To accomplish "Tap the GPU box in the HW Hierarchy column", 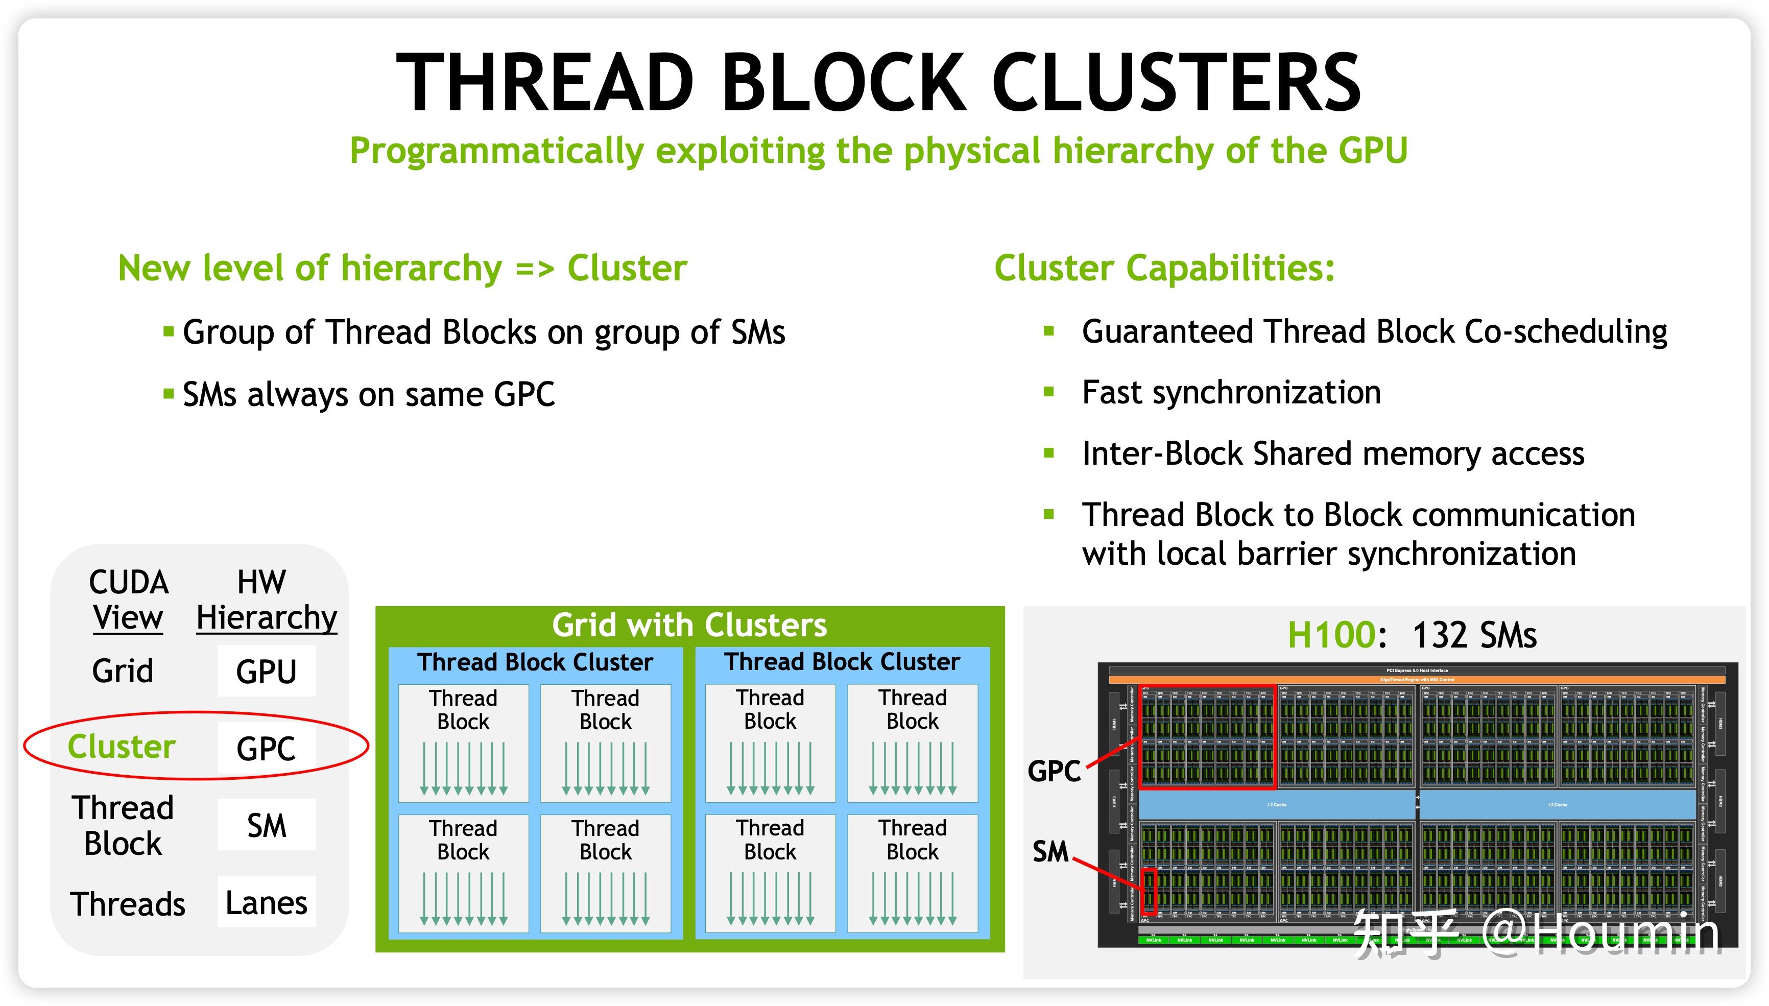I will tap(266, 671).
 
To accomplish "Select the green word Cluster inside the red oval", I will tap(122, 746).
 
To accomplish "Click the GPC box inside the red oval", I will tap(266, 748).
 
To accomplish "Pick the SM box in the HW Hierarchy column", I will tap(266, 825).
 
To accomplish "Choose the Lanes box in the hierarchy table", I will tap(266, 902).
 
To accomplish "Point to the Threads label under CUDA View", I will tap(128, 904).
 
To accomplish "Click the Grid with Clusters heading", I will tap(689, 625).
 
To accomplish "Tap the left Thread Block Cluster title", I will tap(535, 662).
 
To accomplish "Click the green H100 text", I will tap(1331, 635).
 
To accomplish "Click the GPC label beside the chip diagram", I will tap(1054, 771).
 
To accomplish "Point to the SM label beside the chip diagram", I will tap(1050, 851).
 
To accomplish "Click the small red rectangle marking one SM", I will tap(1149, 891).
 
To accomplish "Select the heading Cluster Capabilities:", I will tap(1164, 268).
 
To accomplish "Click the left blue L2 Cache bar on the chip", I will tap(1277, 805).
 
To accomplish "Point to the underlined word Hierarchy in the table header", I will tap(266, 617).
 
